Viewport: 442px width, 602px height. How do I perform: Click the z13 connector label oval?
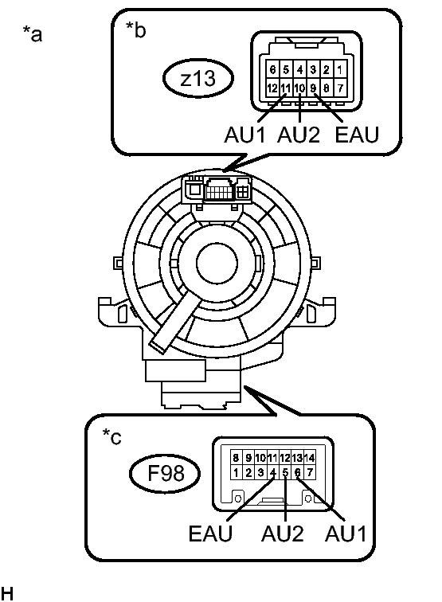198,78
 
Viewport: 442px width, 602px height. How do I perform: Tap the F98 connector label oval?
165,473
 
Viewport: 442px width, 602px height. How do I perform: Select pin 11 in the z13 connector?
286,88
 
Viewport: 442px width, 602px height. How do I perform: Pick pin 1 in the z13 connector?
340,70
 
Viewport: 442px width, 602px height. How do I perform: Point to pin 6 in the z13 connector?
272,70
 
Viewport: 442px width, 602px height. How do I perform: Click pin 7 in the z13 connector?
340,88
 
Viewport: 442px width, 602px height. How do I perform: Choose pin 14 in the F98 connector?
310,457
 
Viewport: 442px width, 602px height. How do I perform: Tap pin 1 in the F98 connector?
236,473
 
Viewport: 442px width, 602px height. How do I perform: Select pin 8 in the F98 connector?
236,457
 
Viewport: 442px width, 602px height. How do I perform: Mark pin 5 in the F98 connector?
285,473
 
